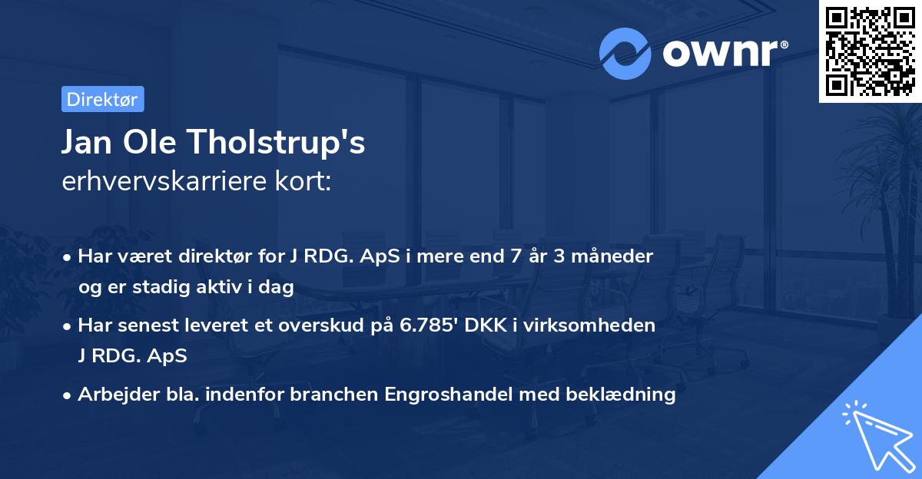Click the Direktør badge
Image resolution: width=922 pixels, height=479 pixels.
click(x=101, y=99)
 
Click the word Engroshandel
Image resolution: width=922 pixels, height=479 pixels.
click(x=443, y=395)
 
